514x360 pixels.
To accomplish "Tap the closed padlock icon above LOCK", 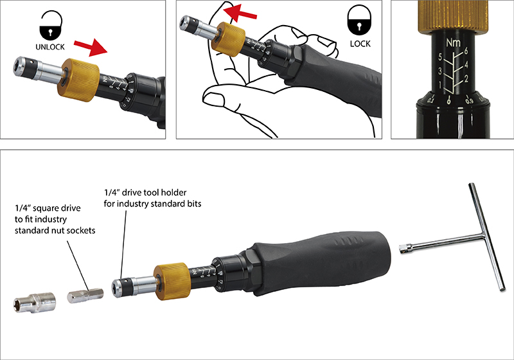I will pyautogui.click(x=359, y=24).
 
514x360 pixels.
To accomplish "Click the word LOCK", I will pyautogui.click(x=360, y=44).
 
